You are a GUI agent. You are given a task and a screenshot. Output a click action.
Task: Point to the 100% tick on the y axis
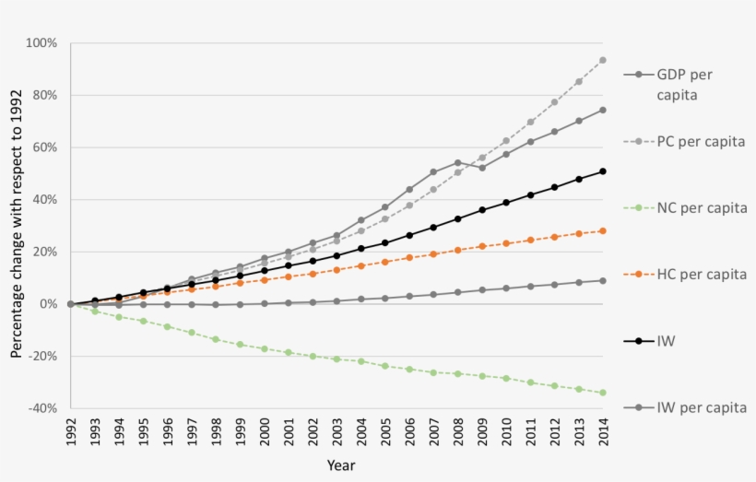tap(42, 43)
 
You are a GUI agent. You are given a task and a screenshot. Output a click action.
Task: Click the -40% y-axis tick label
tap(42, 408)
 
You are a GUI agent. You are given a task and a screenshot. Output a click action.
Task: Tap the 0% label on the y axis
tap(48, 304)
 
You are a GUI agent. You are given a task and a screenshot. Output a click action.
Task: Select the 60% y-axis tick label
tap(44, 147)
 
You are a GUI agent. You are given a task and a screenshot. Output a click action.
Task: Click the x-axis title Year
tap(340, 465)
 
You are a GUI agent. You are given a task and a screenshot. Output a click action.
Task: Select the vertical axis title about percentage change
tap(17, 227)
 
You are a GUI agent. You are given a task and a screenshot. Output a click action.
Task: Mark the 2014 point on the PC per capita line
tap(603, 60)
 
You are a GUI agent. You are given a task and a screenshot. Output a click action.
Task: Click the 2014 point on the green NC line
tap(603, 393)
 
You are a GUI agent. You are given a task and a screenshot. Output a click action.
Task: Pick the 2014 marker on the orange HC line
tap(603, 230)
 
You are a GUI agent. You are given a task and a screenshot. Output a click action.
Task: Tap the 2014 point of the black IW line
tap(603, 171)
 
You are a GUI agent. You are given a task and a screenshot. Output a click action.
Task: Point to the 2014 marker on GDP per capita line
tap(603, 110)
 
